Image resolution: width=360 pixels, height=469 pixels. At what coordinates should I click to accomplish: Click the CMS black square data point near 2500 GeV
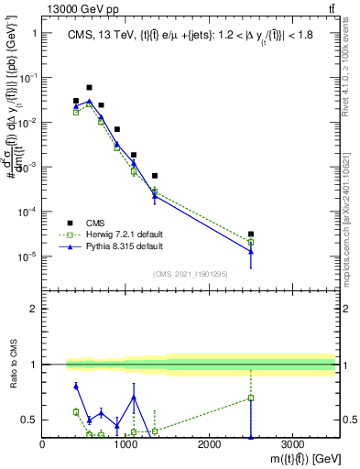click(x=250, y=234)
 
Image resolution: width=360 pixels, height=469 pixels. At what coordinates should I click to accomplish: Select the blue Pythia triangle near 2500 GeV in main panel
click(x=250, y=251)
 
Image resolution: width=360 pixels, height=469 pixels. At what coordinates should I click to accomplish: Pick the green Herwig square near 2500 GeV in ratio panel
click(x=250, y=398)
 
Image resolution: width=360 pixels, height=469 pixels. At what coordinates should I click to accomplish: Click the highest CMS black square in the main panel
click(x=89, y=88)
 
